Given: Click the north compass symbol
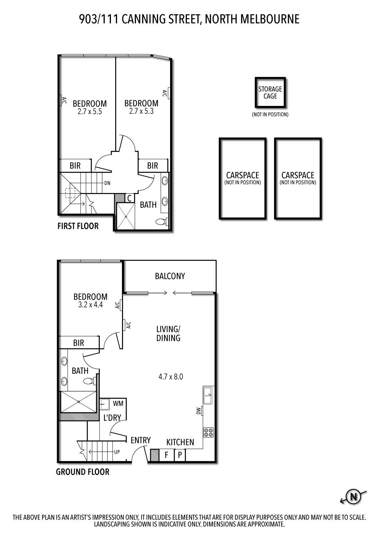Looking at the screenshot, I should point(353,496).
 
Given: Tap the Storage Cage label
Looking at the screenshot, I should point(270,92).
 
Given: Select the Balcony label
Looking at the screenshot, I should point(170,276).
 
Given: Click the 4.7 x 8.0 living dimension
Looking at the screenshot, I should point(170,377).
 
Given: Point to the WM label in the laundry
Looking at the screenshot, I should point(118,403).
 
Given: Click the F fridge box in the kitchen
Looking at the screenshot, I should point(166,455).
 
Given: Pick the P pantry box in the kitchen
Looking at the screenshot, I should point(180,455).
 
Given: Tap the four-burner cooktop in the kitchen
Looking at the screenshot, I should point(208,433).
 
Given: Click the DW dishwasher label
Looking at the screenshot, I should point(199,411).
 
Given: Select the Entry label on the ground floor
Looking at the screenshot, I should point(141,440).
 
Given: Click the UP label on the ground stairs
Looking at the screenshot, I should point(117,452).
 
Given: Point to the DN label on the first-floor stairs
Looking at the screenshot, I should point(107,183).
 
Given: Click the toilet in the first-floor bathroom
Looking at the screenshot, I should point(162,222).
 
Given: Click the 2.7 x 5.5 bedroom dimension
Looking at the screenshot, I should point(90,112).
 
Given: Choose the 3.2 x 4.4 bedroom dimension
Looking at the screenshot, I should point(90,305).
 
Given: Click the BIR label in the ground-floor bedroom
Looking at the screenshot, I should point(78,343).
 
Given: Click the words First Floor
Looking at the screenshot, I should point(78,226).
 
